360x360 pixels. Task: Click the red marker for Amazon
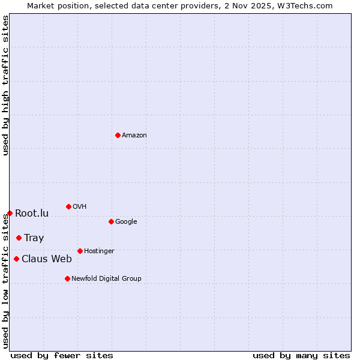coord(118,135)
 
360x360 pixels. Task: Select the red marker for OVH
coord(68,206)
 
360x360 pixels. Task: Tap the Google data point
coord(111,221)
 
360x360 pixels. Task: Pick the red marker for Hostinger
coord(80,251)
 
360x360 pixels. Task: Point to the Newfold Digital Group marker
coord(67,278)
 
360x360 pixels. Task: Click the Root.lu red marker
coord(10,213)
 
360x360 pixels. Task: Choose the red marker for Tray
coord(19,238)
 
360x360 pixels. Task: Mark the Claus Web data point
coord(16,259)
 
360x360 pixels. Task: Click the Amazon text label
coord(134,136)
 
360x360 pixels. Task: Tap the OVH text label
coord(80,207)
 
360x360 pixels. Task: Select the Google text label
coord(126,222)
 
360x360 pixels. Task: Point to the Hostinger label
coord(99,251)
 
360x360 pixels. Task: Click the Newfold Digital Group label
coord(106,279)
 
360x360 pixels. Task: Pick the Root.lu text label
coord(32,214)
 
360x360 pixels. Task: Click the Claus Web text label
coord(47,259)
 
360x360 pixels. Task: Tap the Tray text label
coord(34,238)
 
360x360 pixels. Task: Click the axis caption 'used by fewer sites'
coord(62,356)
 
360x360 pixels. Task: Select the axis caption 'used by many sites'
coord(301,356)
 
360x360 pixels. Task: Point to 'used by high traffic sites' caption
coord(5,85)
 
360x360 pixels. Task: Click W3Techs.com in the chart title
coord(307,5)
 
